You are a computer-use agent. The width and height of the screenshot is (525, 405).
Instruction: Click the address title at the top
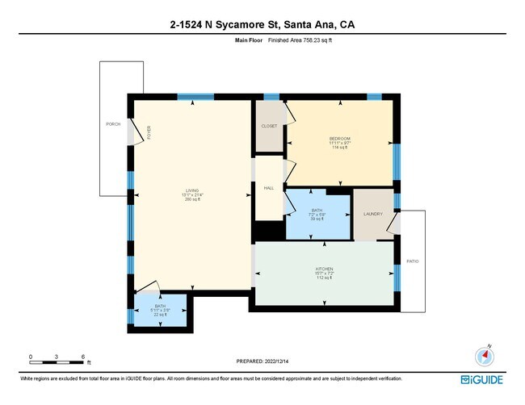coord(262,26)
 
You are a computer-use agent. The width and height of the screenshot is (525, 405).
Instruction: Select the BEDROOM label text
coord(339,138)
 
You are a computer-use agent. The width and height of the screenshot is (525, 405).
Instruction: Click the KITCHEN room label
coord(324,269)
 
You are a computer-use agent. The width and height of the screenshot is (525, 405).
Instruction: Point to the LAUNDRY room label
coord(372,214)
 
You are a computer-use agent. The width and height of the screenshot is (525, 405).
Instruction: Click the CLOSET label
coord(269,127)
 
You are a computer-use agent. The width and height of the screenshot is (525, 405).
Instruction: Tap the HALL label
coord(268,188)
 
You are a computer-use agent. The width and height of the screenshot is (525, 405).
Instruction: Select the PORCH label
coord(113,124)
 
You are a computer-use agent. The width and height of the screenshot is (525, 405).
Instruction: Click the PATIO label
coord(412,261)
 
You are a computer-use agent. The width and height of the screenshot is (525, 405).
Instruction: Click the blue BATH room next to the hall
coord(317,215)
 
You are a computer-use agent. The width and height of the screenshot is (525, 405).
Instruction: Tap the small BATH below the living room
coord(160,310)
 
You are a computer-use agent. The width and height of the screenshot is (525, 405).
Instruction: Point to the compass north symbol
coord(485,356)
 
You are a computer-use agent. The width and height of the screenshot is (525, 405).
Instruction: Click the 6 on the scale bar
coord(83,356)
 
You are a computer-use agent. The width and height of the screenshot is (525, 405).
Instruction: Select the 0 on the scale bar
coord(31,356)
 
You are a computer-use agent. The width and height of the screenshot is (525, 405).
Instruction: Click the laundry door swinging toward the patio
coord(393,222)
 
